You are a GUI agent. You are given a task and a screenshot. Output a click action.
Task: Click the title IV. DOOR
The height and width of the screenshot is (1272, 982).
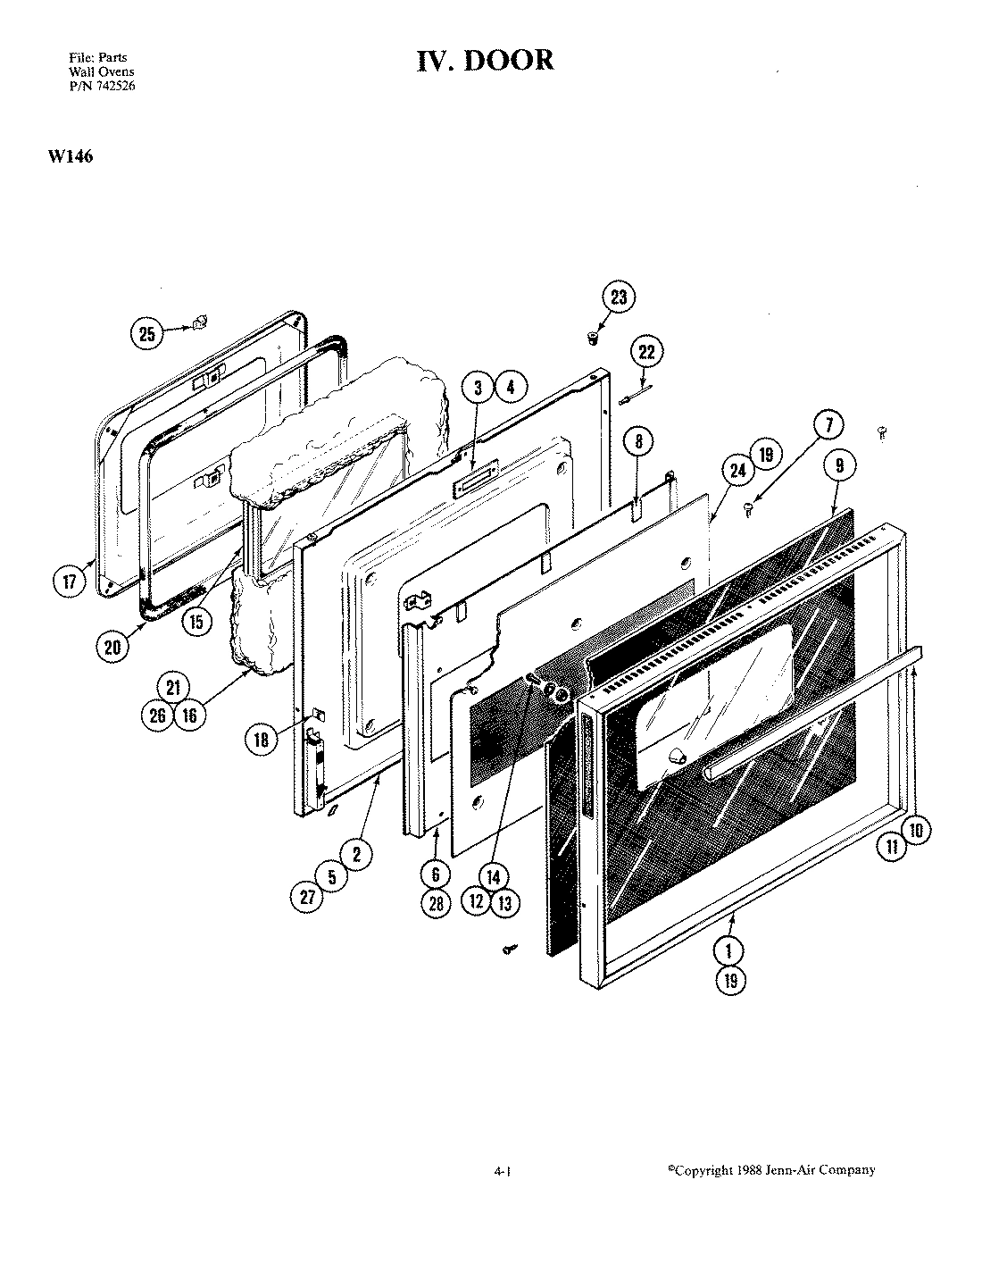coord(486,60)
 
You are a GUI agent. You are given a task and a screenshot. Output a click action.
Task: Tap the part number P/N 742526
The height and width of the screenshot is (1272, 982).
coord(103,86)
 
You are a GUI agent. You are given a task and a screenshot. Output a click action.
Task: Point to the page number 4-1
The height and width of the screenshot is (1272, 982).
coord(501,1171)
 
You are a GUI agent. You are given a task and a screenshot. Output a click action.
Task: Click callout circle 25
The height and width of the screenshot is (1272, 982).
coord(147,334)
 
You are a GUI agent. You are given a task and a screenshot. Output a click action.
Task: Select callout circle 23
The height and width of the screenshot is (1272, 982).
coord(618,298)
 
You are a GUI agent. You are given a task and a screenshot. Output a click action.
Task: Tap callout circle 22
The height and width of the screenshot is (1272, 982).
coord(647,352)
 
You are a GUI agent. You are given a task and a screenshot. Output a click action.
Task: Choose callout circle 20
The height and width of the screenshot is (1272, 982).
coord(112,646)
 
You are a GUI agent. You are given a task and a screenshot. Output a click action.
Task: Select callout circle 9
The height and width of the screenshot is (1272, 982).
coord(839,464)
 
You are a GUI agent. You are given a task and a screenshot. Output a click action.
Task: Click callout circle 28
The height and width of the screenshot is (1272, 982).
coord(437,903)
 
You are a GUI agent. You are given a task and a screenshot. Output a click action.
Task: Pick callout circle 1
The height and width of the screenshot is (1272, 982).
coord(730,949)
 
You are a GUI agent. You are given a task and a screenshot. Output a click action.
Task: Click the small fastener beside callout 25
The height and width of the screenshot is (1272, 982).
coord(201,322)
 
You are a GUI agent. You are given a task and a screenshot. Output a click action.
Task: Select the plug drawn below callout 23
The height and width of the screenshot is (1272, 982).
coord(590,338)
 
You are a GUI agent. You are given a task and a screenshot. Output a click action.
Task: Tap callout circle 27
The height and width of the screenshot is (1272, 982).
coord(307,899)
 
